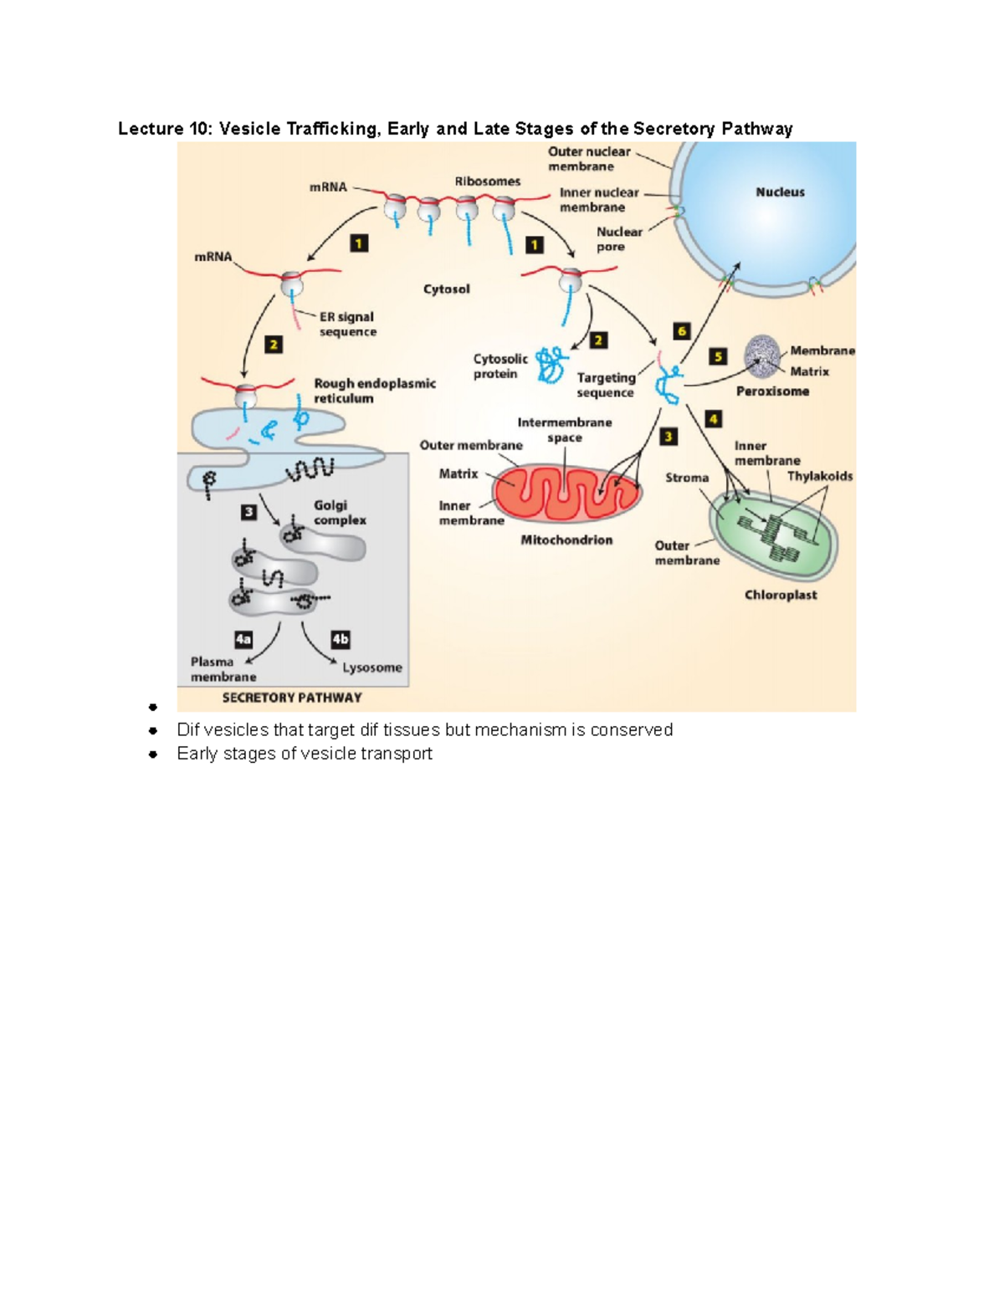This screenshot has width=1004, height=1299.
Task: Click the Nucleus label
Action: [780, 192]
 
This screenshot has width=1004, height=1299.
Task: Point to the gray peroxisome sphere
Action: [762, 356]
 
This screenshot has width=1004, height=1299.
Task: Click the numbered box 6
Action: [681, 331]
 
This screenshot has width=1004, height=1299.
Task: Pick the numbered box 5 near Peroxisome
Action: [718, 356]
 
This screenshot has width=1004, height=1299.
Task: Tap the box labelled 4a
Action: [243, 639]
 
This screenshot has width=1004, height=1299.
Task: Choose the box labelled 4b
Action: [340, 639]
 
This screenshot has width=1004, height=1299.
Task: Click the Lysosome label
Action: [371, 667]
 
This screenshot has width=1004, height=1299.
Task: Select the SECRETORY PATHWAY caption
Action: [292, 698]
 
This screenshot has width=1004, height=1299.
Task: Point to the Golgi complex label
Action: [340, 512]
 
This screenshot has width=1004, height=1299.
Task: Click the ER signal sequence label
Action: [347, 324]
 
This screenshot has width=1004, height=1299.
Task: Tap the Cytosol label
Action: [446, 289]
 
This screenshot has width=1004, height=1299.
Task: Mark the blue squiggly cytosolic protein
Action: [551, 366]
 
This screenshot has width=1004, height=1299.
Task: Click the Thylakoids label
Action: [820, 476]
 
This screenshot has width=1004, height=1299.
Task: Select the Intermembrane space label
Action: [565, 430]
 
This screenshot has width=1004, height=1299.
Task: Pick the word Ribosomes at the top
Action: [488, 181]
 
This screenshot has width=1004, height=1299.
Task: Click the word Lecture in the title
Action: [151, 128]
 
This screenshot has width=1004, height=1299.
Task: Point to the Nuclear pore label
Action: [619, 238]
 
